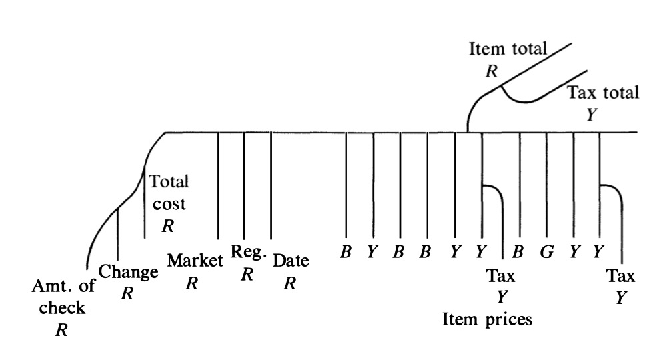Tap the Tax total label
602,93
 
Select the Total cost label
169,192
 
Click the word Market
194,261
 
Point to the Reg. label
249,252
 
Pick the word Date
291,261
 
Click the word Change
128,272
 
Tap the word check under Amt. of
62,307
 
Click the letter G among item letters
547,253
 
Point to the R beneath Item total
492,71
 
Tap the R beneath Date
290,283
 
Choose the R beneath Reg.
247,273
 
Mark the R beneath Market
193,283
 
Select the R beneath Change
127,293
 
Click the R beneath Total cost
168,226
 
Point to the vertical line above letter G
547,187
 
